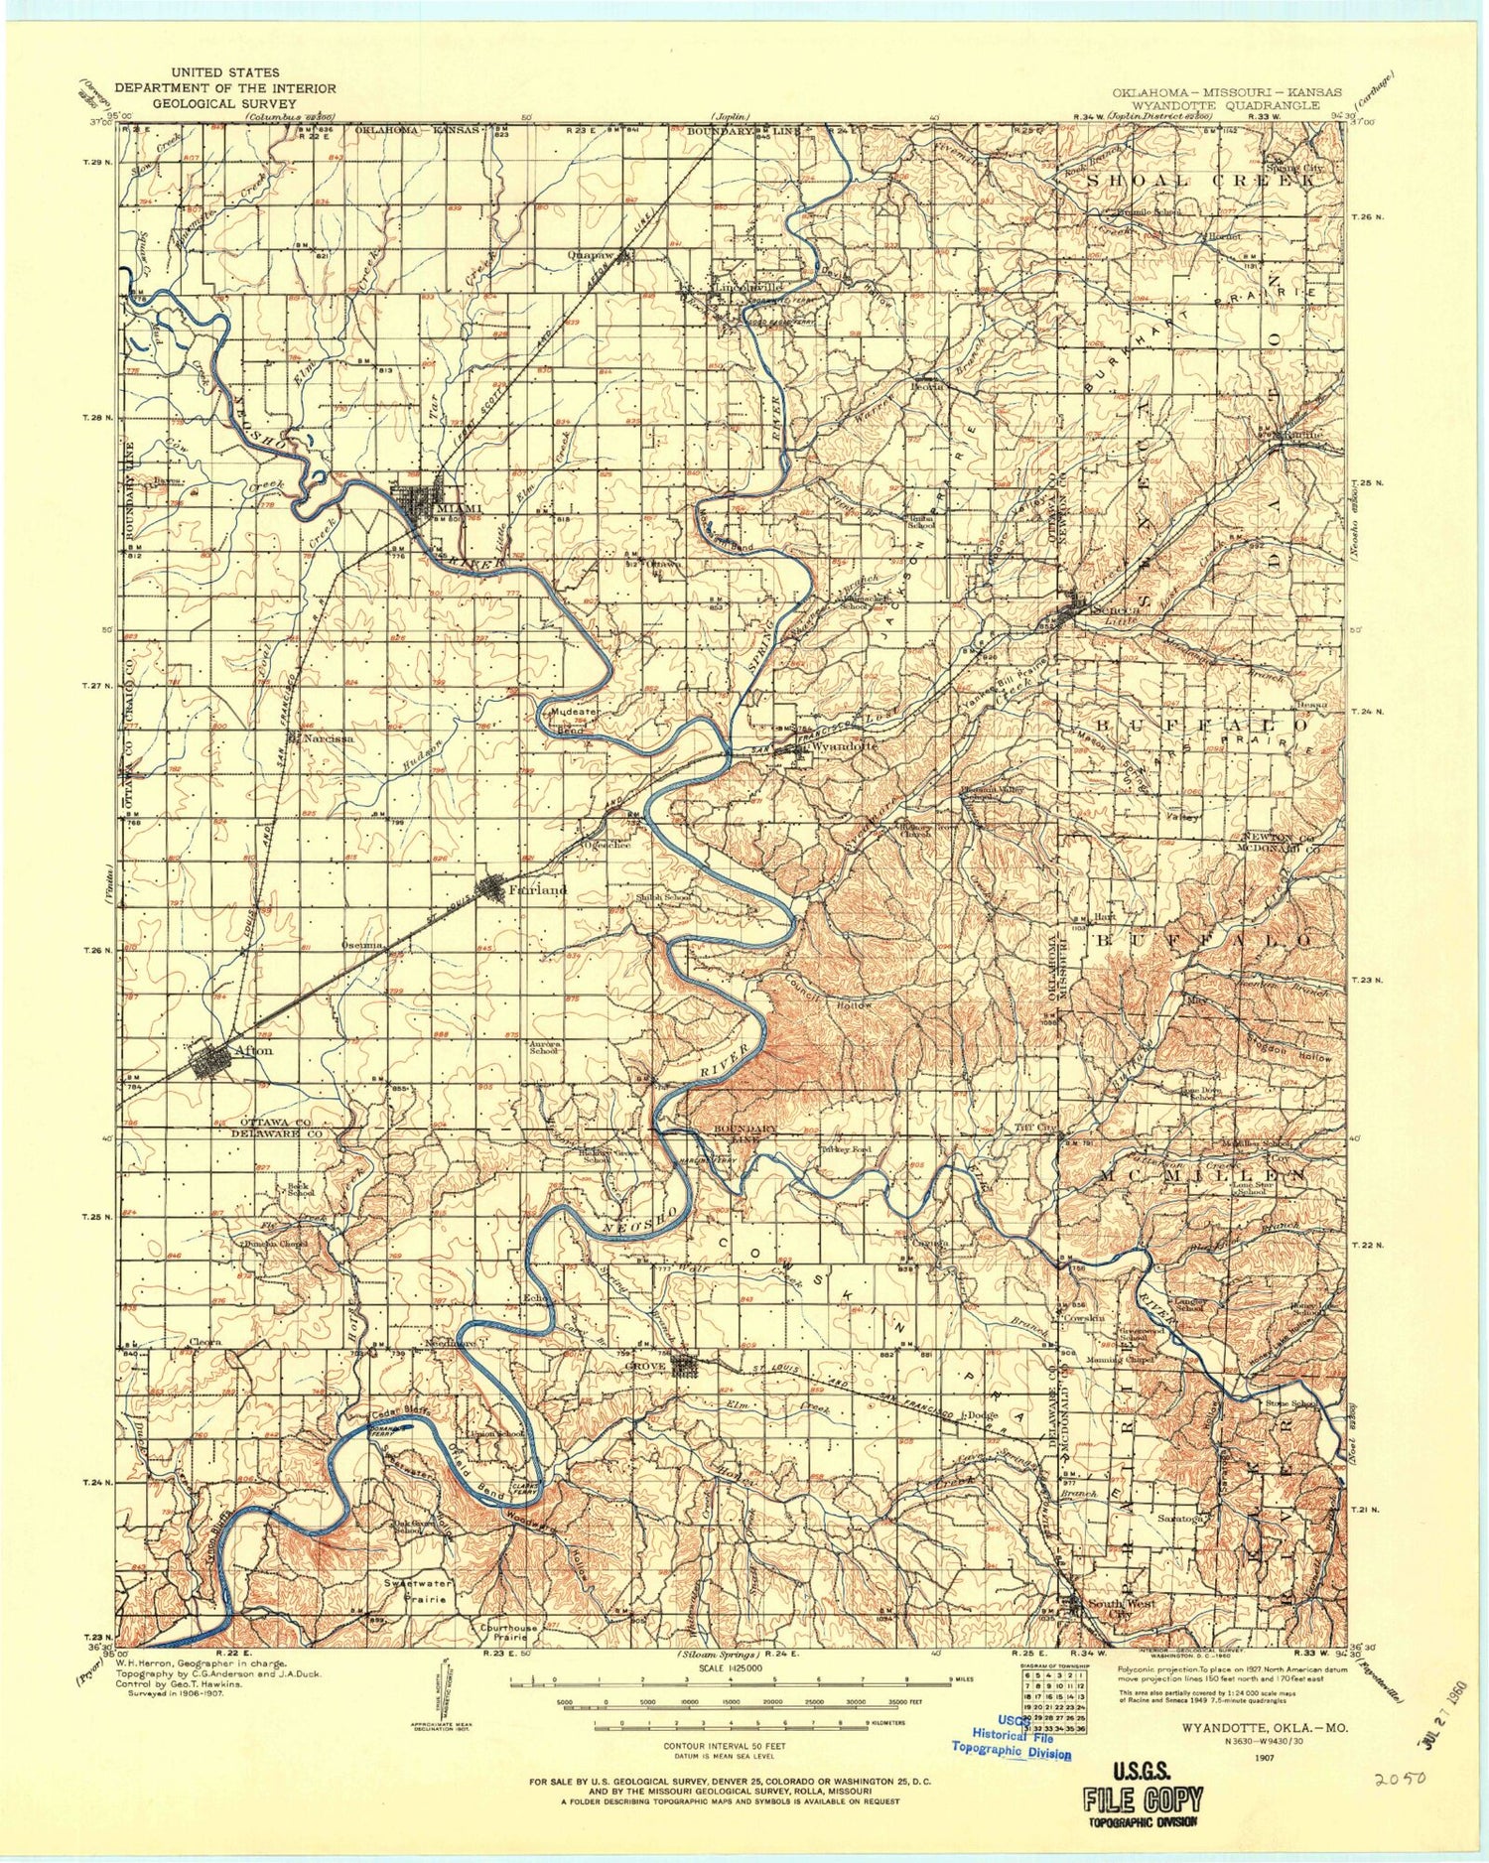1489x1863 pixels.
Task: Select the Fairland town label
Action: click(537, 890)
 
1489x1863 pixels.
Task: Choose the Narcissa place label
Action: click(329, 739)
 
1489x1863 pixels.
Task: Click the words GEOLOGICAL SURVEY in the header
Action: click(224, 102)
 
